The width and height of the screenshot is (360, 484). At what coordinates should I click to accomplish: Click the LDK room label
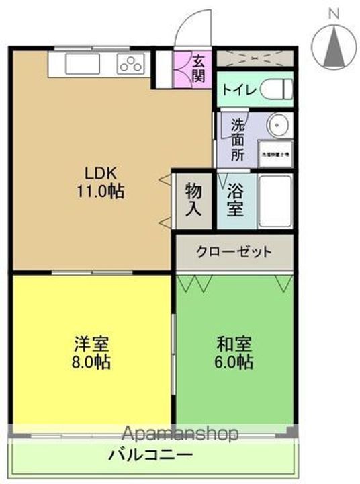coord(99,171)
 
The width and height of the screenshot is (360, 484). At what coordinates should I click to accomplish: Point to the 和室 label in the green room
coord(234,344)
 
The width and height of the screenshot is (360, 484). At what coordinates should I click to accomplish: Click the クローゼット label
coord(234,252)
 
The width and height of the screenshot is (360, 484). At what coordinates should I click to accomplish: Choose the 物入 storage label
coord(193,200)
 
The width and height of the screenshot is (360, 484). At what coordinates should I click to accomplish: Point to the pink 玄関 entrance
coord(198,67)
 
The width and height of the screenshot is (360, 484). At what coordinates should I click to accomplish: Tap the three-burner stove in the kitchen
coord(131,65)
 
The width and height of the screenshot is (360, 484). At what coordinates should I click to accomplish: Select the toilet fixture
coord(277,89)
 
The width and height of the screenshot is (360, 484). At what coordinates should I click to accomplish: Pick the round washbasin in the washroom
coord(277,126)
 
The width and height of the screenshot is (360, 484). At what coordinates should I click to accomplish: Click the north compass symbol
coord(334,46)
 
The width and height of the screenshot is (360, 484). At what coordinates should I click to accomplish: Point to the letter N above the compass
coord(334,12)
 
